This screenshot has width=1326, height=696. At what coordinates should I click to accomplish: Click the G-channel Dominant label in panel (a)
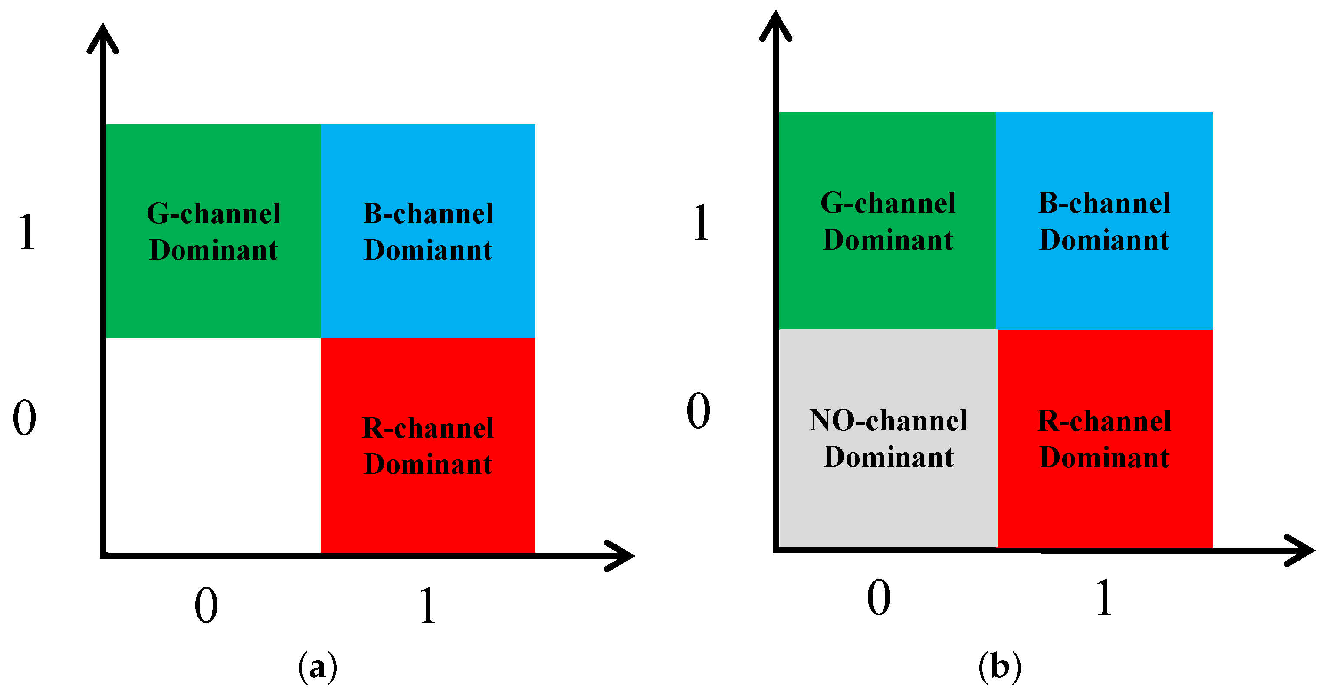[x=213, y=231]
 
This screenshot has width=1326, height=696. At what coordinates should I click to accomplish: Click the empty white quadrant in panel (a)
[x=213, y=445]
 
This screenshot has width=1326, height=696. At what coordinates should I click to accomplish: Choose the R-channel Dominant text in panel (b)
[x=1104, y=439]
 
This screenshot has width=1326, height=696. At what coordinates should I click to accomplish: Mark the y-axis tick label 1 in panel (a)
[x=27, y=232]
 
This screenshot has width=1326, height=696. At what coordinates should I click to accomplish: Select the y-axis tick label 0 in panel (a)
[x=25, y=417]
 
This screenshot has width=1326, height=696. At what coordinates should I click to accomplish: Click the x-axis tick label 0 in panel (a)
[x=206, y=605]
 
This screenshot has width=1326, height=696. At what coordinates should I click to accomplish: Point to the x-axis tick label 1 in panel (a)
[x=428, y=605]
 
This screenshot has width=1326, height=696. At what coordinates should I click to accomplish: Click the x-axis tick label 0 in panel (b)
[x=879, y=597]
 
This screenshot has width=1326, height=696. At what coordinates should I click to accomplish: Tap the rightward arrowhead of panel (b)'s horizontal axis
[x=1300, y=550]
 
